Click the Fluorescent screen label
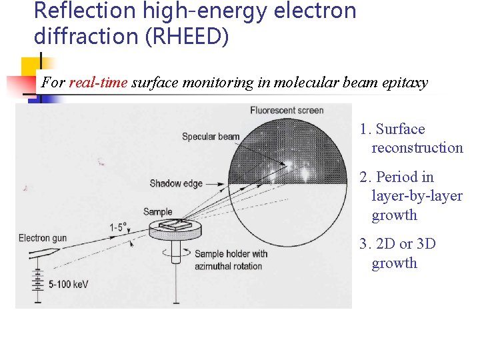[287, 111]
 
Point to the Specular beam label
[211, 137]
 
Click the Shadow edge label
[176, 183]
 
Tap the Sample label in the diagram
[157, 212]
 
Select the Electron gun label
[43, 238]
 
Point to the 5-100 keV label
[68, 285]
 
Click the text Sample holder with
[231, 253]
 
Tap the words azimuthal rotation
[229, 266]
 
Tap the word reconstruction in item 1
[417, 148]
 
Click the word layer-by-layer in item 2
[417, 196]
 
